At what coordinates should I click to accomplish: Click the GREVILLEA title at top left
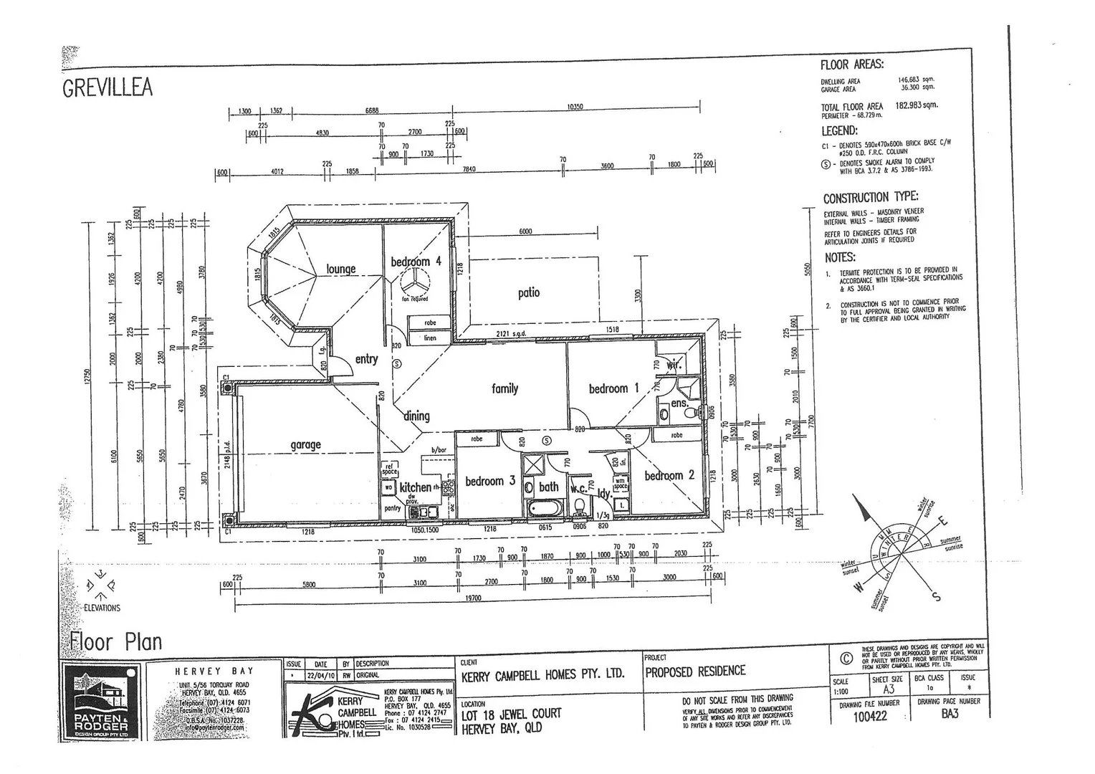pos(107,87)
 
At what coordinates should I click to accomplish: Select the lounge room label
pos(341,269)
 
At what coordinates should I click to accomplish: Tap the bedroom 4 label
pos(416,262)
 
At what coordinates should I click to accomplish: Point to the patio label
pos(528,292)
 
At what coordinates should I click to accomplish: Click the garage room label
pos(305,444)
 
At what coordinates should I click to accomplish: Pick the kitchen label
pos(416,487)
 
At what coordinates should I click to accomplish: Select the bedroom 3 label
pos(490,481)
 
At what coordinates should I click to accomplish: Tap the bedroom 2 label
pos(669,475)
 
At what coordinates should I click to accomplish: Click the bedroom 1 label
pos(613,388)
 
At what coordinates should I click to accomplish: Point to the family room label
pos(505,388)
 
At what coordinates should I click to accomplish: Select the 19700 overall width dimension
pos(473,598)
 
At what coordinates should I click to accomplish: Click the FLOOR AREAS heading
pos(852,64)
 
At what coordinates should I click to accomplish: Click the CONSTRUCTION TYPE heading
pos(870,198)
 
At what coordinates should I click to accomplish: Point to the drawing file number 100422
pos(870,716)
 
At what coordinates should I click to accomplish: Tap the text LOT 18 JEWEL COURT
pos(511,714)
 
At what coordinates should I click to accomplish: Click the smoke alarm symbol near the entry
pos(397,364)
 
